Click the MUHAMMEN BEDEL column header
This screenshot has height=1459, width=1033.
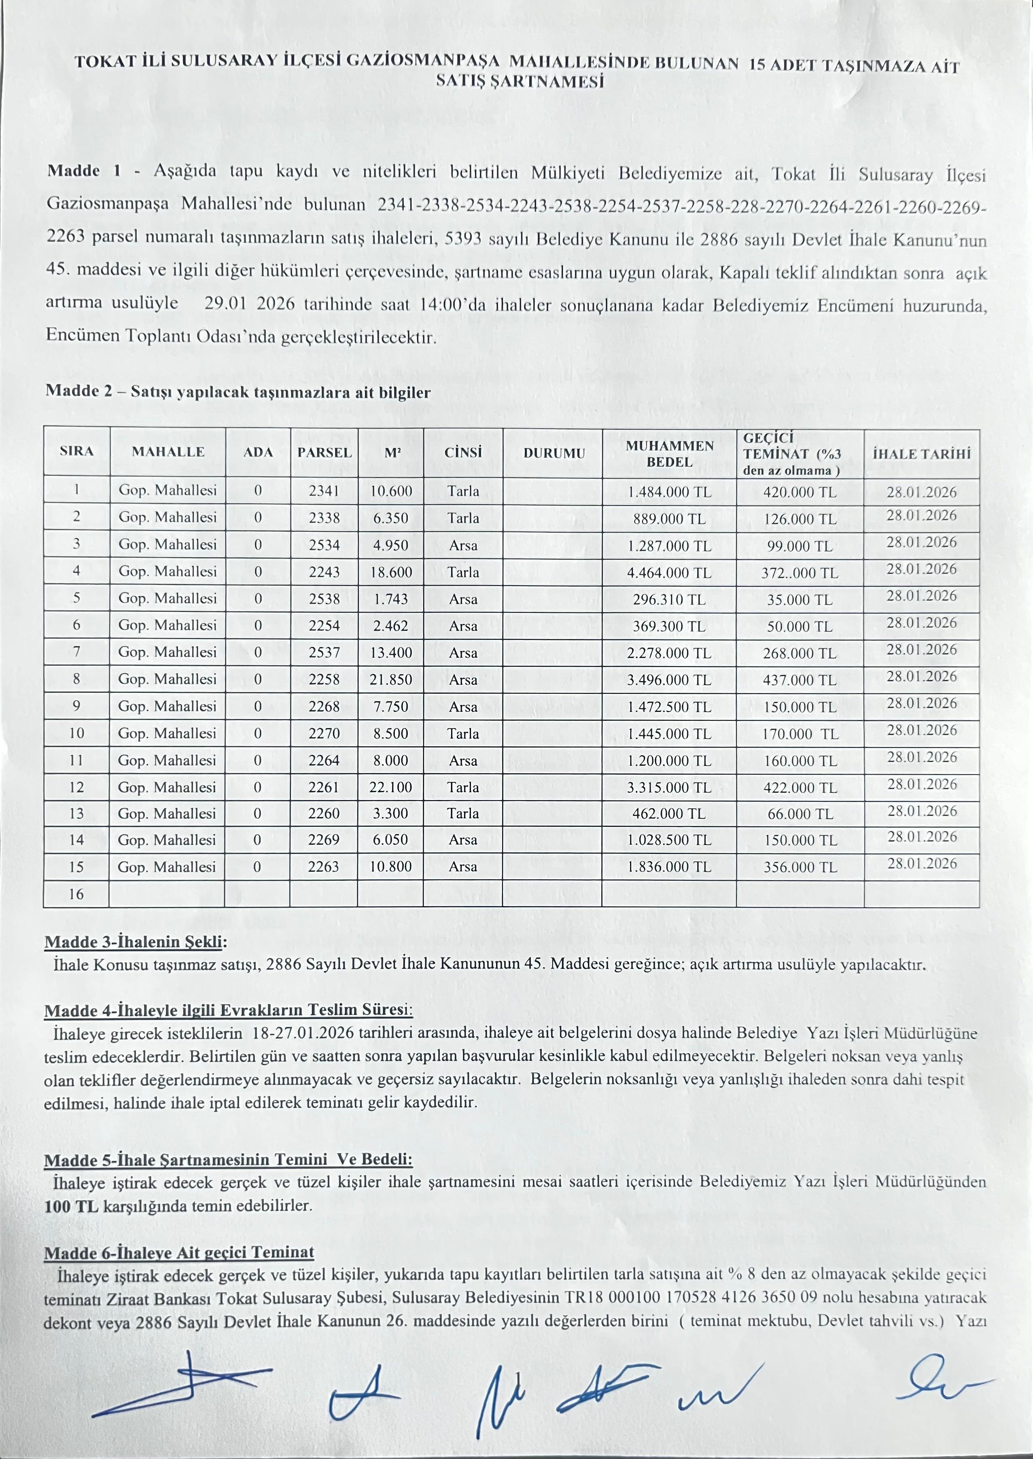(x=669, y=453)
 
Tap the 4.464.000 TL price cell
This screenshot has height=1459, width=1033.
(x=669, y=572)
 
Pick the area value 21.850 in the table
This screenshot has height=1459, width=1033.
(x=390, y=680)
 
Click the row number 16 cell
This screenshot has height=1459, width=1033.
(x=76, y=894)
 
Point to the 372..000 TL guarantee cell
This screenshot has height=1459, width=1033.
(x=800, y=573)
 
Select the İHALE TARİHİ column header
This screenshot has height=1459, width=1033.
(x=921, y=454)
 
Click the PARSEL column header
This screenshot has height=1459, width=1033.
(x=324, y=452)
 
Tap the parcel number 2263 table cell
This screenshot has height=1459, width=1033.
(x=324, y=866)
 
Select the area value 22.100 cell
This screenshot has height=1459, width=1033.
(x=390, y=787)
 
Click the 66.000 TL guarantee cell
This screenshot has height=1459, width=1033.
(x=800, y=814)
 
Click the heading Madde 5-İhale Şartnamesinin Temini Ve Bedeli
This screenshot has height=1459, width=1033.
(x=228, y=1160)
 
